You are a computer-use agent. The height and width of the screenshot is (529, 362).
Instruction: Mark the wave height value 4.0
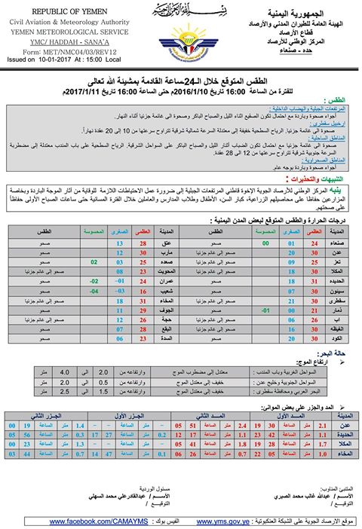point(65,371)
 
